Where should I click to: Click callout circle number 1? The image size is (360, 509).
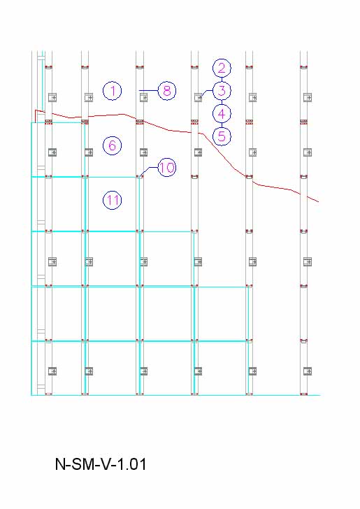pyautogui.click(x=113, y=91)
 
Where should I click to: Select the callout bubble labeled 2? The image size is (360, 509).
pyautogui.click(x=222, y=69)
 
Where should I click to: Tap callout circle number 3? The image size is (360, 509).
pyautogui.click(x=222, y=91)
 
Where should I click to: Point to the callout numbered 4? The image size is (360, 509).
pyautogui.click(x=222, y=113)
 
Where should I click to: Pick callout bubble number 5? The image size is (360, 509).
pyautogui.click(x=222, y=136)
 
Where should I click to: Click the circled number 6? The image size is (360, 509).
pyautogui.click(x=113, y=145)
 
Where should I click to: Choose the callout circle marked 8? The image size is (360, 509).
pyautogui.click(x=167, y=91)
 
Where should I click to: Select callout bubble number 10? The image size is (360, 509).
pyautogui.click(x=167, y=168)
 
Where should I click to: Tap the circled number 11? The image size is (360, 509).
pyautogui.click(x=113, y=200)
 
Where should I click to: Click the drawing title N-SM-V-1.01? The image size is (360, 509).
pyautogui.click(x=101, y=464)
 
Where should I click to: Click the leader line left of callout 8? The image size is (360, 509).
pyautogui.click(x=149, y=91)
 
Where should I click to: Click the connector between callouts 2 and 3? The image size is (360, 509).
pyautogui.click(x=222, y=80)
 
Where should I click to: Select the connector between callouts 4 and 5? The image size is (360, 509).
pyautogui.click(x=222, y=125)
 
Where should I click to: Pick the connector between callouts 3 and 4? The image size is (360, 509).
pyautogui.click(x=222, y=102)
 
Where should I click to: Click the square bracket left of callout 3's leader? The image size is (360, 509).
pyautogui.click(x=198, y=97)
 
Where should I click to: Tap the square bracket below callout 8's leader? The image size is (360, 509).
pyautogui.click(x=143, y=97)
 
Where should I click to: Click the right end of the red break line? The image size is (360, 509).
pyautogui.click(x=319, y=202)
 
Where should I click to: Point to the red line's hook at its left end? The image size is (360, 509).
pyautogui.click(x=36, y=114)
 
